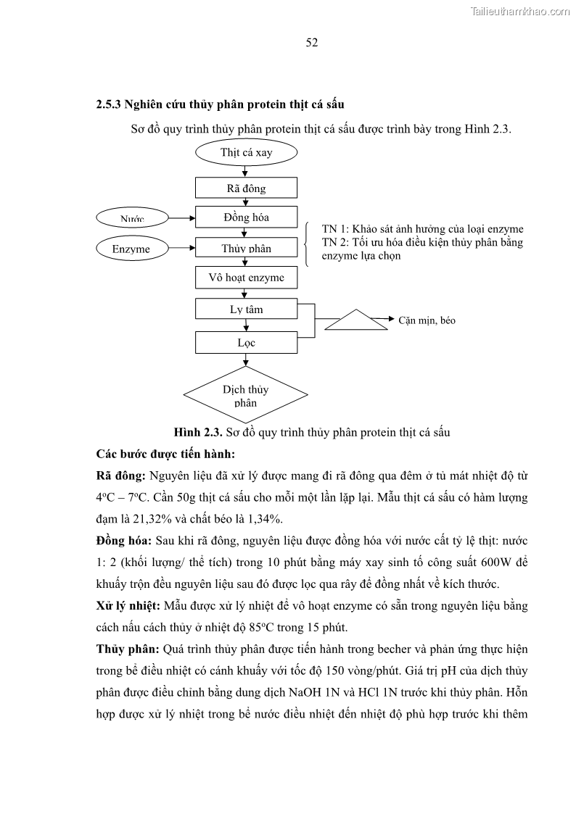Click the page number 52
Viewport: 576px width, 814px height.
[312, 42]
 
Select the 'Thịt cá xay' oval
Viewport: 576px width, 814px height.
[247, 153]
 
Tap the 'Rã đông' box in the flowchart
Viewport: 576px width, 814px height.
[247, 188]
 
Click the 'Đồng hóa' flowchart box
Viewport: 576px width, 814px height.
[247, 217]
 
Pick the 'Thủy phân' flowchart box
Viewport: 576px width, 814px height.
[247, 248]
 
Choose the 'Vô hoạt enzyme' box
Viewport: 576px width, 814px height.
[247, 278]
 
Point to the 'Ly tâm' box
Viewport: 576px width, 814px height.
[247, 310]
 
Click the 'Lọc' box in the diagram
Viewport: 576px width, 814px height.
[247, 342]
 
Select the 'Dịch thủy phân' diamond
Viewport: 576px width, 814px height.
[246, 395]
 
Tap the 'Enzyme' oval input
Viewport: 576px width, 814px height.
[131, 249]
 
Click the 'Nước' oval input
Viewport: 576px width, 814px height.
[132, 217]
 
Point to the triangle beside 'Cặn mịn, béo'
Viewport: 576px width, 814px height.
[355, 320]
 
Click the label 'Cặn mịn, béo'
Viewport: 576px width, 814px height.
[427, 320]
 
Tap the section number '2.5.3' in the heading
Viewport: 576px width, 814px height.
[108, 104]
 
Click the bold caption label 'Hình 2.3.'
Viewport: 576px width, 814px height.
[198, 433]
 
